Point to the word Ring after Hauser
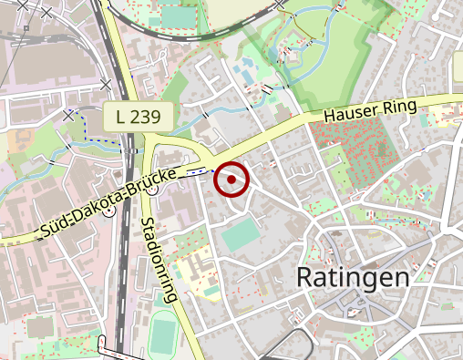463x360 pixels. pos(400,106)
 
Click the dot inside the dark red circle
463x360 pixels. pos(231,180)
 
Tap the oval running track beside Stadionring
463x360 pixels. pos(163,333)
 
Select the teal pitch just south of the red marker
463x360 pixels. pos(240,237)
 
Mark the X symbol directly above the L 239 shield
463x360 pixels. pos(107,85)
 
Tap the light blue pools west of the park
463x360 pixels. pos(244,70)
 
